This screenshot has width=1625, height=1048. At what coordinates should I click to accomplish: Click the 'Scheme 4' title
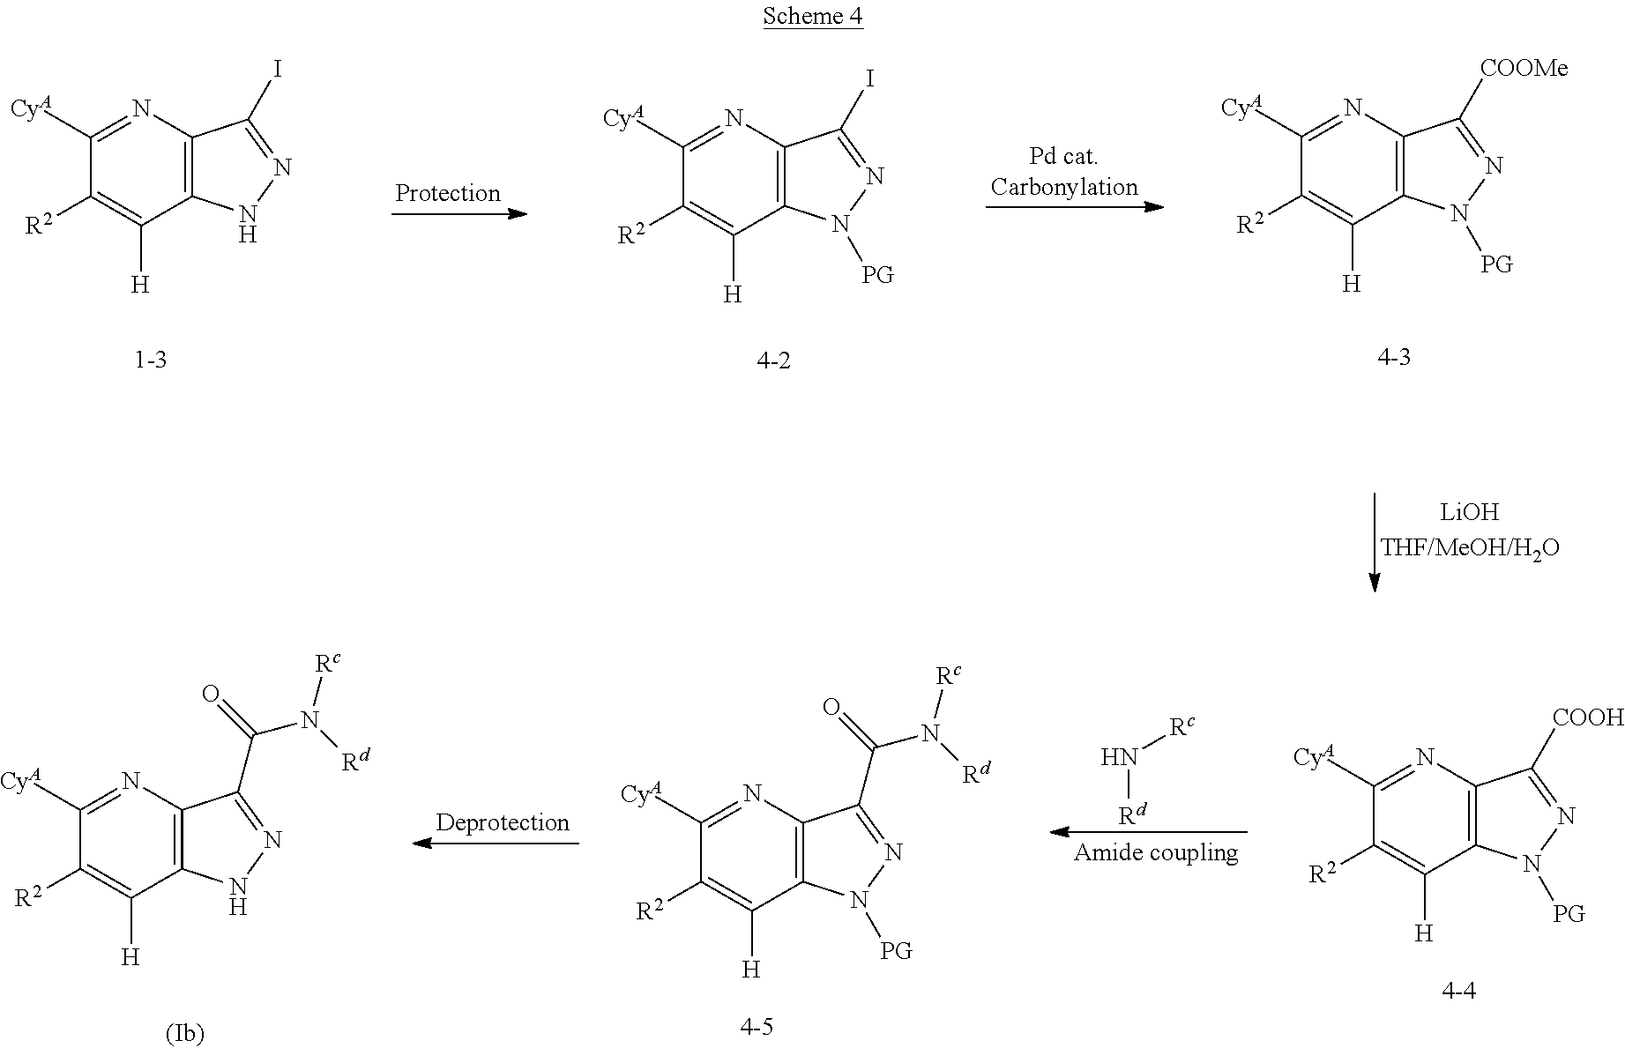[812, 16]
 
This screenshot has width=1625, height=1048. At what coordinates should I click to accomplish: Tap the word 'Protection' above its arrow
[447, 193]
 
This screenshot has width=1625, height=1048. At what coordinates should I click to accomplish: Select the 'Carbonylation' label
[1064, 187]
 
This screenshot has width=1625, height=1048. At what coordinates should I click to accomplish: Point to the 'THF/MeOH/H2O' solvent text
[1470, 548]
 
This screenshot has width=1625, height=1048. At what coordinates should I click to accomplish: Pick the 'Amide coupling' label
[1156, 852]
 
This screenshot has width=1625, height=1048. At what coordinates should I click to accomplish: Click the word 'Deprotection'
[503, 822]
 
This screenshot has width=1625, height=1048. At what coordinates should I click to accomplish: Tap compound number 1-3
[150, 360]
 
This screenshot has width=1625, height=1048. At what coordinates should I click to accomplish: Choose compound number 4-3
[1393, 357]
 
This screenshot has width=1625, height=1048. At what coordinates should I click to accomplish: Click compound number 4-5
[756, 1026]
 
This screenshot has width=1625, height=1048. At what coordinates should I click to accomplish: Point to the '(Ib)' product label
[184, 1033]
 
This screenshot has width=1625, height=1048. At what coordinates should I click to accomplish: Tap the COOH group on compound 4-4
[1588, 717]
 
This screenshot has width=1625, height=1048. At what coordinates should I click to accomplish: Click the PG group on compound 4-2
[877, 275]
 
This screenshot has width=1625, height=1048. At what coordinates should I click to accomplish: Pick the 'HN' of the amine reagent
[1119, 756]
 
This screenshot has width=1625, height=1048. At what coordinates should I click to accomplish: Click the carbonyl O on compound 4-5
[831, 707]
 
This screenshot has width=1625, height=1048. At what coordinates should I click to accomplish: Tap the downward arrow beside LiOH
[1374, 542]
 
